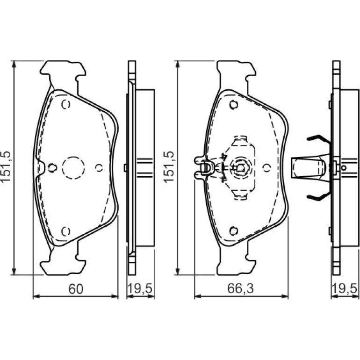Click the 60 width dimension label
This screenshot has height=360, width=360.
[76, 289]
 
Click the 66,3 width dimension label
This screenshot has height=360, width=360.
[240, 288]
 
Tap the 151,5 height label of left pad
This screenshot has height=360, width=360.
[6, 167]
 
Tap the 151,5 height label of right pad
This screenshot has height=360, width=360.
[169, 167]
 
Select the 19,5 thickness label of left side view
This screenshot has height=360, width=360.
[140, 288]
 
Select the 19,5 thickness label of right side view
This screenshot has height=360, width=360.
[345, 288]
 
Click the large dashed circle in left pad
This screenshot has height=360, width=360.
[73, 168]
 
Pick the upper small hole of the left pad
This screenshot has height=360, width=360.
[65, 104]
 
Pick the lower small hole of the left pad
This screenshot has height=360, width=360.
[65, 231]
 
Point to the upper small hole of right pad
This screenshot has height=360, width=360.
[234, 105]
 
